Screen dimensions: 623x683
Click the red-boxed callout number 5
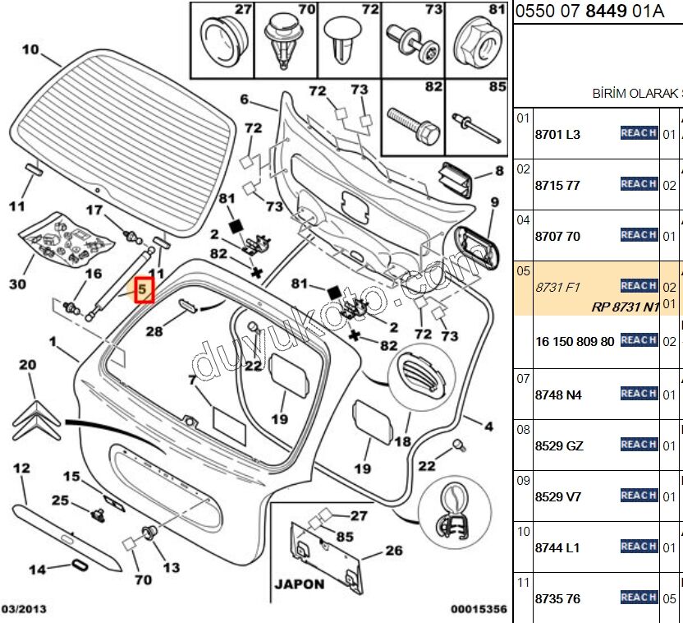click(x=143, y=290)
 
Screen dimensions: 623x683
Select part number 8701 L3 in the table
click(x=557, y=134)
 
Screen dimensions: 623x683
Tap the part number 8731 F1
click(x=557, y=287)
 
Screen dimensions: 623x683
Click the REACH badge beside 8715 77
click(x=639, y=184)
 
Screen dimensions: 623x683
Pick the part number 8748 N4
click(x=558, y=395)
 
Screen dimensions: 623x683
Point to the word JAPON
click(x=300, y=585)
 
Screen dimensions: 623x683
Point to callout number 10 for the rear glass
click(x=30, y=49)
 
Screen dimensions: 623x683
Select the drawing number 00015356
click(x=479, y=609)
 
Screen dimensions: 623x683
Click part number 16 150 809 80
click(x=574, y=341)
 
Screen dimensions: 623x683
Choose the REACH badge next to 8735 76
click(x=639, y=598)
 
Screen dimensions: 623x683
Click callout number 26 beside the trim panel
click(x=394, y=551)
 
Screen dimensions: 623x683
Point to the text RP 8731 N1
click(x=625, y=307)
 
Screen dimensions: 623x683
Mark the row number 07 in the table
click(x=523, y=379)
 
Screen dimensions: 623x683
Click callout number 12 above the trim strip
click(x=21, y=468)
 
